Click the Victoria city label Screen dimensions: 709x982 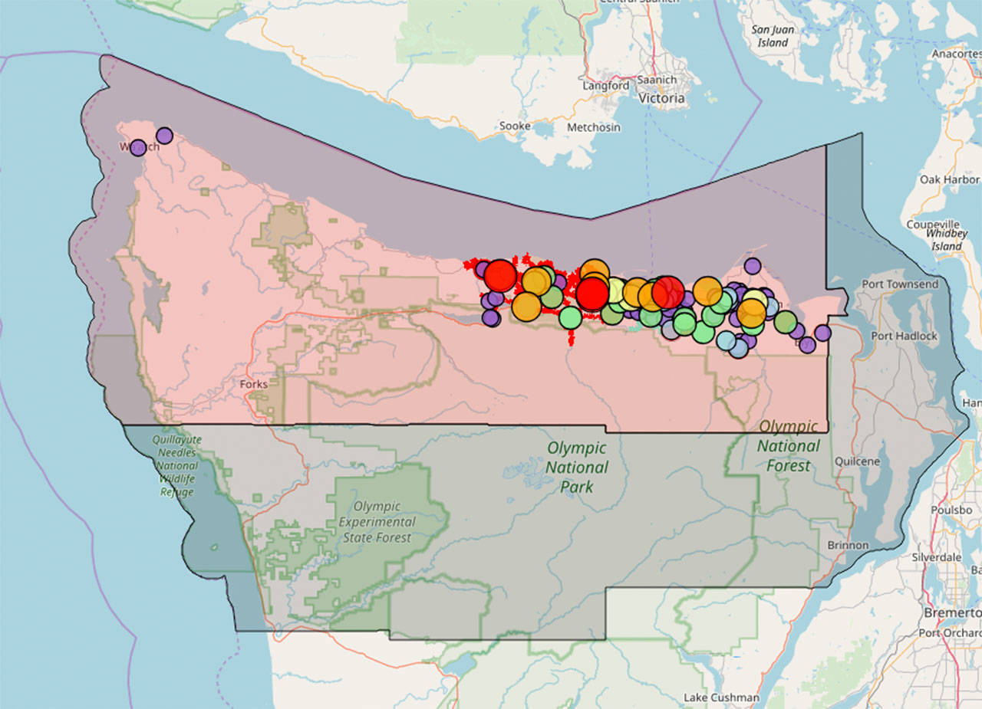(x=662, y=98)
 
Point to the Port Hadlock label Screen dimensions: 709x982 (x=904, y=336)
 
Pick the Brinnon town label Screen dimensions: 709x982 (x=848, y=545)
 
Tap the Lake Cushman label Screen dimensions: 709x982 (x=721, y=698)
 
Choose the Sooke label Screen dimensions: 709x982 (x=514, y=126)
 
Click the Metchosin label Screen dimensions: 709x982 (x=594, y=126)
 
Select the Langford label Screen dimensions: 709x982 (x=606, y=86)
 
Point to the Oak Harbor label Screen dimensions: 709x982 (x=949, y=179)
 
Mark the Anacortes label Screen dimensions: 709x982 (x=956, y=54)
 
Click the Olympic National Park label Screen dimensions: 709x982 (x=577, y=467)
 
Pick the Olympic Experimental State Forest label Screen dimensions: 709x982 (x=377, y=522)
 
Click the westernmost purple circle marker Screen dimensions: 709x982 (x=138, y=147)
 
